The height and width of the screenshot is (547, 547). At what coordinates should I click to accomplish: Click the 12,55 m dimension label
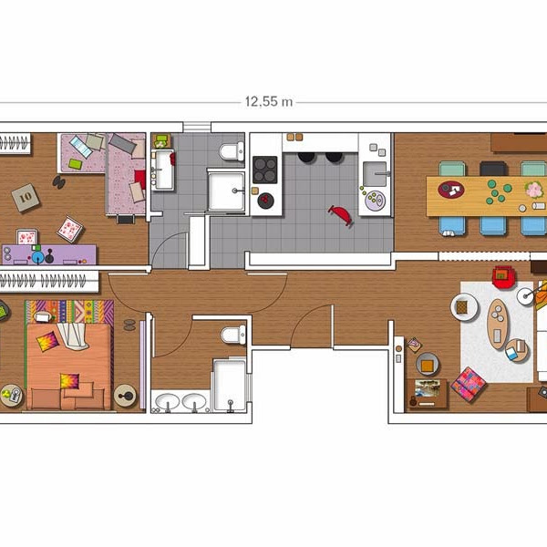tap(269, 102)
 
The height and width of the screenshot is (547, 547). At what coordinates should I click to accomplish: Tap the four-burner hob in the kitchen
tap(265, 170)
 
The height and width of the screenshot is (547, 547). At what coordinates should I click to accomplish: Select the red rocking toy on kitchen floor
tap(341, 215)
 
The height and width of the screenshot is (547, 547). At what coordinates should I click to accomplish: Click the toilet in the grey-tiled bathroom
tap(232, 151)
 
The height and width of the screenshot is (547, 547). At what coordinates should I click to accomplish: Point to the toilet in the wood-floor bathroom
tap(233, 335)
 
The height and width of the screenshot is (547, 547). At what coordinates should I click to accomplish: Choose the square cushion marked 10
tap(26, 198)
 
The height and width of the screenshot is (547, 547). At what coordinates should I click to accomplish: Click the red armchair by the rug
tap(504, 277)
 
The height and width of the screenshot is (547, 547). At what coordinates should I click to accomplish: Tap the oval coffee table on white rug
tap(498, 324)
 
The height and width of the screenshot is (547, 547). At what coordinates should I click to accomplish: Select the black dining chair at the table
tap(493, 169)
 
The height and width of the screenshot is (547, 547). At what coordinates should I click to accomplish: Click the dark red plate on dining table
tap(451, 190)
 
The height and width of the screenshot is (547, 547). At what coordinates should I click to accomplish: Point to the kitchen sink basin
tap(375, 174)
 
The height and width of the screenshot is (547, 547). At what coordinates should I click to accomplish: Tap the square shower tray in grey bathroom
tap(226, 191)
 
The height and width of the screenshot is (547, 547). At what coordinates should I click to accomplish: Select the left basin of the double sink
tap(167, 402)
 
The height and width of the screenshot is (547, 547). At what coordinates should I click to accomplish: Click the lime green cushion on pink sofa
tap(75, 163)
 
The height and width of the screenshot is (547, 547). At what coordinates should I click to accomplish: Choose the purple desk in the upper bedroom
tap(49, 254)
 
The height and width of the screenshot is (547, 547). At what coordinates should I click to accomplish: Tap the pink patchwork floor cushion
tap(469, 385)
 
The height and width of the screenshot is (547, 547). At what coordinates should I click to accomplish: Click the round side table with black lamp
tap(125, 396)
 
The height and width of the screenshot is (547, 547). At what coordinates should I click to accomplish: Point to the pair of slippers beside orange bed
tap(129, 325)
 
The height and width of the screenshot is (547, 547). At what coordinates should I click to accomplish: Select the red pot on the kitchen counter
tap(266, 201)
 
